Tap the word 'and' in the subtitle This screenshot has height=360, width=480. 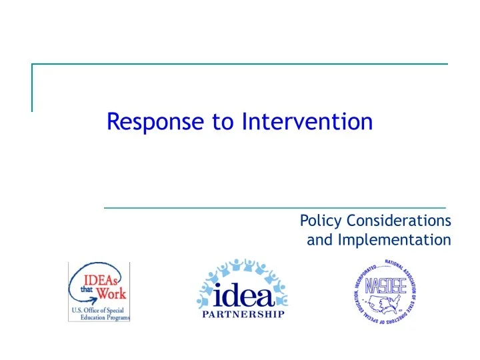click(x=319, y=239)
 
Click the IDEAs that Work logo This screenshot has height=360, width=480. click(x=99, y=292)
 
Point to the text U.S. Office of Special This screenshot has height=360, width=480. click(x=99, y=310)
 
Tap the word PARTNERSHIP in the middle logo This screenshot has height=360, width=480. click(x=243, y=314)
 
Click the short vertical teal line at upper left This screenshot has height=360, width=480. click(x=32, y=87)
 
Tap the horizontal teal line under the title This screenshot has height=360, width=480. click(x=275, y=208)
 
